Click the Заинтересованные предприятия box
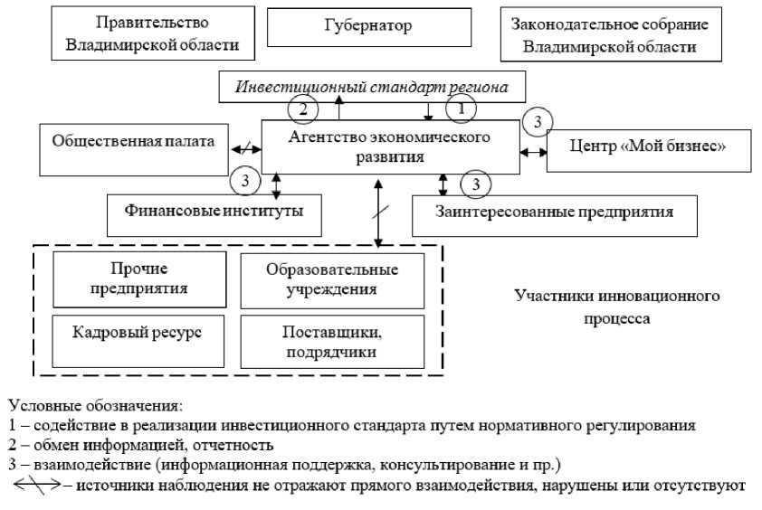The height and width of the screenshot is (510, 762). pos(555,213)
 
